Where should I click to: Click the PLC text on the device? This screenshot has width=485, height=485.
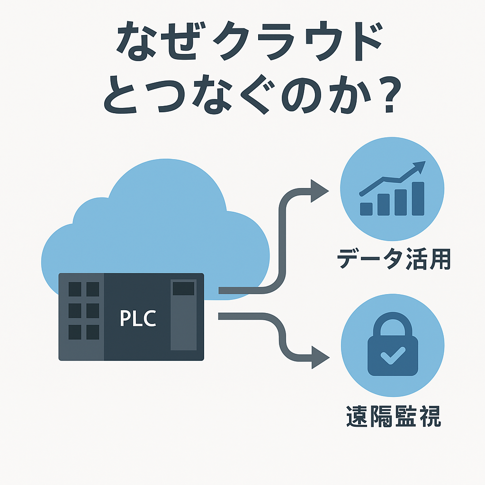[138, 318]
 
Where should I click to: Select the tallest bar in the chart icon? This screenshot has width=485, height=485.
[418, 198]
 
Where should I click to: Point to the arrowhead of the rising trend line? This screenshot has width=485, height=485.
[419, 166]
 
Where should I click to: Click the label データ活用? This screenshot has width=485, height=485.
[393, 260]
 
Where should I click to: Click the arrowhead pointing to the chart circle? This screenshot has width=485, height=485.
[319, 191]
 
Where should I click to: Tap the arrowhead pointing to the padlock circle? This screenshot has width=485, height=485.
[319, 357]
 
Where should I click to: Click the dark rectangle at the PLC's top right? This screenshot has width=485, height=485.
[183, 288]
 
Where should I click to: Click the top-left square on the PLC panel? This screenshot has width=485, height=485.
[75, 289]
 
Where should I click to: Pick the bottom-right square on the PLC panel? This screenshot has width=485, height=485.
[93, 332]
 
